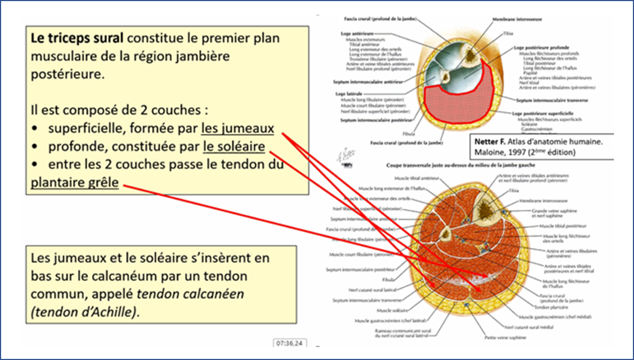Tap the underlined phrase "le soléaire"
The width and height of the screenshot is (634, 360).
(x=234, y=147)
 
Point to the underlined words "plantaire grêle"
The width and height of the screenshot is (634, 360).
(x=75, y=182)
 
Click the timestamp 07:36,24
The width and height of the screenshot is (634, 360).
(x=290, y=343)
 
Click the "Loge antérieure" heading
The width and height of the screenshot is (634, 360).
(x=353, y=33)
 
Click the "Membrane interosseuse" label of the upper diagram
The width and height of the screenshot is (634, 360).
(x=516, y=19)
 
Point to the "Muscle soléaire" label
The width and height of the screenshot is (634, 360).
(x=374, y=310)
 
